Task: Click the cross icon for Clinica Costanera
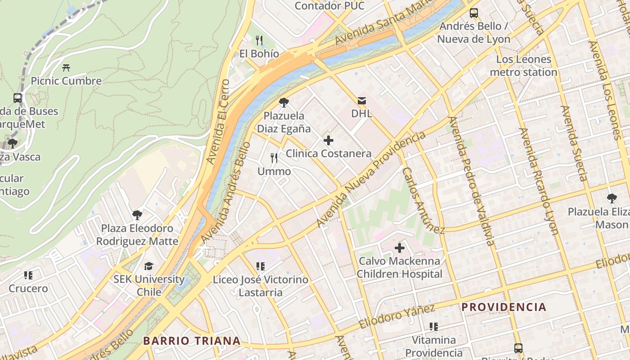[x=328, y=140]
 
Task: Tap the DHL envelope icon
[x=362, y=101]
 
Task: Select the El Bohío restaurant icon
[x=259, y=40]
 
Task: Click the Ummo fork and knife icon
[x=274, y=158]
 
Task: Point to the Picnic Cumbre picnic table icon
[x=66, y=68]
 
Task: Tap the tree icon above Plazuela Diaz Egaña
[x=283, y=103]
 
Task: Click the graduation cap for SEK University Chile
[x=148, y=266]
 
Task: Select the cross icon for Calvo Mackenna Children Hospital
[x=400, y=247]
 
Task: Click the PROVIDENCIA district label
[x=504, y=307]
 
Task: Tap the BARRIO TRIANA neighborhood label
[x=192, y=341]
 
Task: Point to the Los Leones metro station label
[x=523, y=66]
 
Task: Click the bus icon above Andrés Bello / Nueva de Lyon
[x=474, y=13]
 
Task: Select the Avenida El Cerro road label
[x=218, y=122]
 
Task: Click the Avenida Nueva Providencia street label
[x=371, y=180]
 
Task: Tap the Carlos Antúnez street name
[x=423, y=201]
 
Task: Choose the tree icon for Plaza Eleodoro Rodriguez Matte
[x=137, y=215]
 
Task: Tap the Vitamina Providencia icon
[x=434, y=326]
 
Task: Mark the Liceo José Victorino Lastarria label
[x=261, y=286]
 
